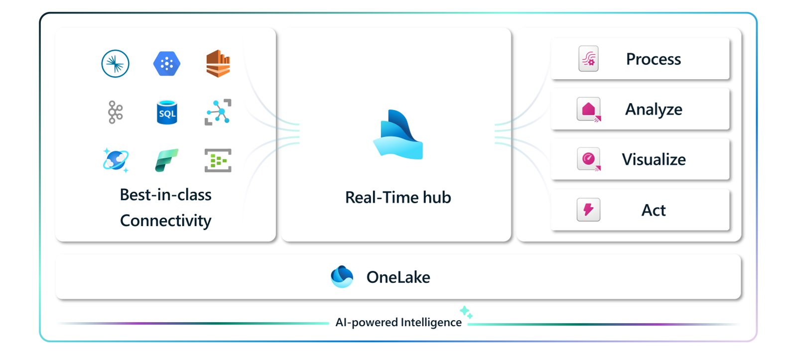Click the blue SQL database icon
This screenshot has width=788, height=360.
167,113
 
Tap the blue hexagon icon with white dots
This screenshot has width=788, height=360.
167,64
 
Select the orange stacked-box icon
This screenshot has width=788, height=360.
218,64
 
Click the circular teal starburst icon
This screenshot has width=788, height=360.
116,64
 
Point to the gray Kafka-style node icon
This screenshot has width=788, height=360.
116,112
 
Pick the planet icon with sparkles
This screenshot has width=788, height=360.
116,160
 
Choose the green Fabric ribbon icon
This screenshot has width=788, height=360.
167,160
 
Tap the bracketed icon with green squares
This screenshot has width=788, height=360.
218,160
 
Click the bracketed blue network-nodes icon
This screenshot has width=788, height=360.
218,112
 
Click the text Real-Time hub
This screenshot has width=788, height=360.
398,197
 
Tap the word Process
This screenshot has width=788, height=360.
654,59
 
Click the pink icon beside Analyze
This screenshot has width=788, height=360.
589,110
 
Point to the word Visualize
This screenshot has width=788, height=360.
654,160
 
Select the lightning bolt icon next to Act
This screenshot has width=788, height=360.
589,210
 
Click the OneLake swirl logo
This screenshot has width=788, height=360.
342,277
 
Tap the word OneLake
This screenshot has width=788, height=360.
398,277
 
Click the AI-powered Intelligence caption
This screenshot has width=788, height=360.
398,322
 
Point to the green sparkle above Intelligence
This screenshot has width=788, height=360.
466,312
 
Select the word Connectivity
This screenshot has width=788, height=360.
166,221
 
